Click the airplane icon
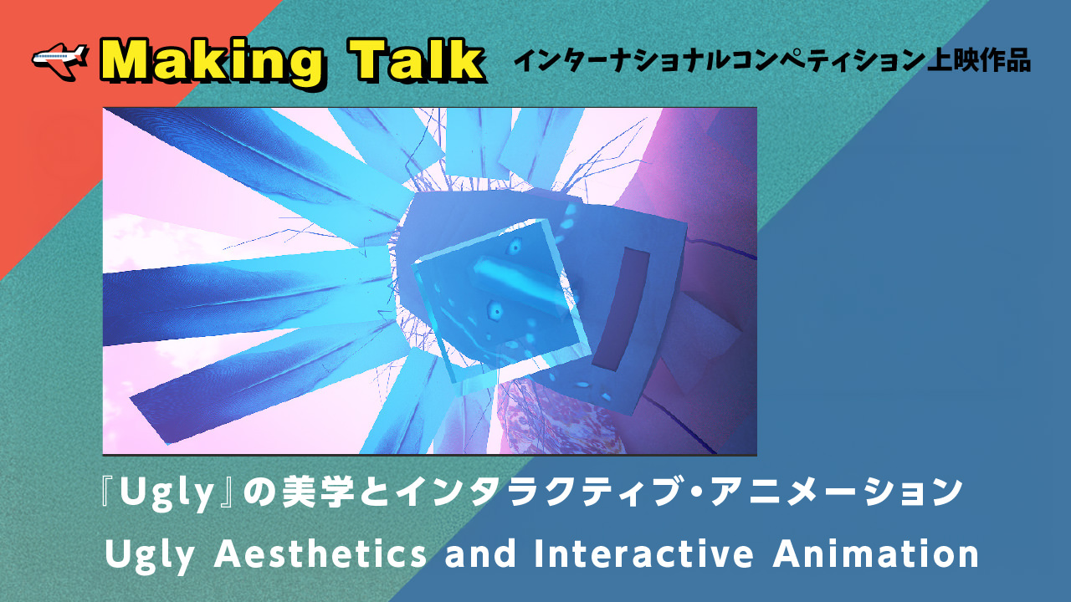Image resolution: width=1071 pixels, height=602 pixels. (x=59, y=59)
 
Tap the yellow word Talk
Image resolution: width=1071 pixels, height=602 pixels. (x=416, y=61)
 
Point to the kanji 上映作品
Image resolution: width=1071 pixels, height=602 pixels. (x=979, y=61)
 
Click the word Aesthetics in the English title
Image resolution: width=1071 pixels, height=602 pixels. (x=320, y=554)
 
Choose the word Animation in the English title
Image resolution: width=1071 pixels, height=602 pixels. (x=875, y=554)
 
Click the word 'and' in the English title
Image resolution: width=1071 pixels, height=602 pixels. (x=480, y=554)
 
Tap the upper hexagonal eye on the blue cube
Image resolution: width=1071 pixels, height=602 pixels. (x=515, y=247)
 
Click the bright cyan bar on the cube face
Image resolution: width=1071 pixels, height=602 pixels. (x=521, y=283)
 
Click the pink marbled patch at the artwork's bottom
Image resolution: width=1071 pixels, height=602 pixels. (x=560, y=421)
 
